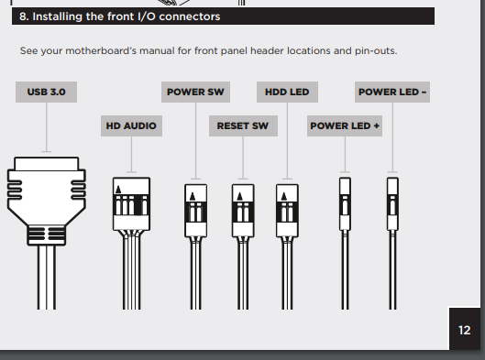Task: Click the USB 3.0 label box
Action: [47, 93]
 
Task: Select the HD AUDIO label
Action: [131, 126]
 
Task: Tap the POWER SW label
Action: [195, 93]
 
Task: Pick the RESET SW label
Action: [243, 126]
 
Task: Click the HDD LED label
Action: [287, 93]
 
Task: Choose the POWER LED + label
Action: [345, 126]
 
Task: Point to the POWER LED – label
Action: [392, 93]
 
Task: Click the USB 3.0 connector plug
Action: [47, 201]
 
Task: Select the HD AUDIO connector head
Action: [131, 204]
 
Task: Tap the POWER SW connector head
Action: [196, 211]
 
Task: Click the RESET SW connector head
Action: [243, 211]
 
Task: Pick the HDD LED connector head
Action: [287, 211]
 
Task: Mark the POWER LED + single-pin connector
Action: [345, 204]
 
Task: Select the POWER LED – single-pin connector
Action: [392, 204]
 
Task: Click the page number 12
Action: [465, 331]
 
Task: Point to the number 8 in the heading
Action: [23, 16]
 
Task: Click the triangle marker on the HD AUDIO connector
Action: [118, 190]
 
